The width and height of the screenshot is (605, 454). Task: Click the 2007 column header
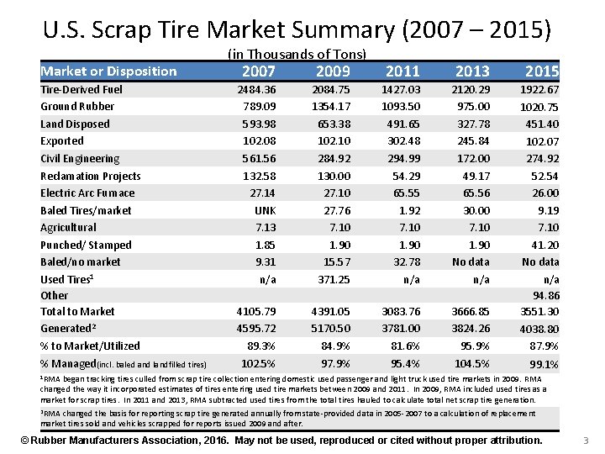point(258,71)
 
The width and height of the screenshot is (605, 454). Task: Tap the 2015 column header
point(541,71)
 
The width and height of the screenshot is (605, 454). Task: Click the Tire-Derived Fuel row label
point(82,89)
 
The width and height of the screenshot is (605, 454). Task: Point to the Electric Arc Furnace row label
point(87,193)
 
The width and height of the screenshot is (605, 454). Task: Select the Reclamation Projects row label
point(91,176)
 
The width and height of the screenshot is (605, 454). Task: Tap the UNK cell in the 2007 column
point(266,210)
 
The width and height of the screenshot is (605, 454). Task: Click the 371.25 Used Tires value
point(334,279)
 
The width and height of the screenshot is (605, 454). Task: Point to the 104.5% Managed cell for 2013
point(472,363)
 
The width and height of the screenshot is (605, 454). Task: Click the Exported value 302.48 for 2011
point(404,141)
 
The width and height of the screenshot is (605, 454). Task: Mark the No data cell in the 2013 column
point(471,261)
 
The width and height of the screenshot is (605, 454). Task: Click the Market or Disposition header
point(109,71)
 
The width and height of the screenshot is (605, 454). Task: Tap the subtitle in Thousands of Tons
point(297,54)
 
